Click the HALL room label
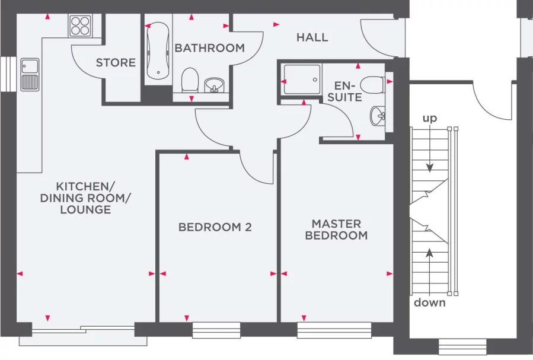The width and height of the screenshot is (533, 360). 312,37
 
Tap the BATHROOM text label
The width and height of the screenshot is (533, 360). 209,48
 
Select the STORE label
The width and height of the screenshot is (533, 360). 116,62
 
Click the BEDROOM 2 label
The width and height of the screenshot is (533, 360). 215,227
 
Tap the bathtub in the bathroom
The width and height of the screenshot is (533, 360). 157,51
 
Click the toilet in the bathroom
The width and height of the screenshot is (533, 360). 190,79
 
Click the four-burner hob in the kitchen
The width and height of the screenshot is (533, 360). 80,26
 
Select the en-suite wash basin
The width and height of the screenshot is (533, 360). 377,114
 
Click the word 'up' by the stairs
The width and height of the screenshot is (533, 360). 430,119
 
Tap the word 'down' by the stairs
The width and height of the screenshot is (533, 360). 430,302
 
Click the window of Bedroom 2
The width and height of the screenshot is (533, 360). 216,330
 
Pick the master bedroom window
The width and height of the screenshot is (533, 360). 334,330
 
